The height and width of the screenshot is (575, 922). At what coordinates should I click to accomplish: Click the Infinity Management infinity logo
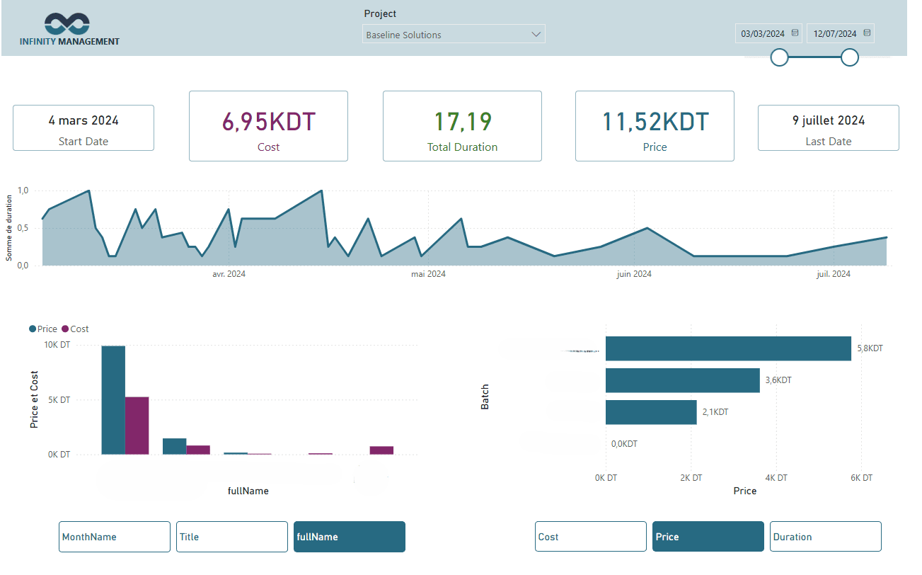click(x=67, y=24)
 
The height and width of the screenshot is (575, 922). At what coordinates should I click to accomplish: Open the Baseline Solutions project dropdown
click(x=454, y=35)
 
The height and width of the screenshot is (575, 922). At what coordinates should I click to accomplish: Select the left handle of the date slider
click(x=779, y=57)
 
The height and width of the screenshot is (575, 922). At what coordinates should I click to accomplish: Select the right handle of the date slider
click(x=850, y=57)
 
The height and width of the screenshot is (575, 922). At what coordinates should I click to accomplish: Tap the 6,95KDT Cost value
click(x=268, y=122)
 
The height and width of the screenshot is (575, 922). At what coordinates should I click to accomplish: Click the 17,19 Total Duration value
click(x=462, y=122)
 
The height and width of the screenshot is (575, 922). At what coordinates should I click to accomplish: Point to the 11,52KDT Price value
click(x=655, y=122)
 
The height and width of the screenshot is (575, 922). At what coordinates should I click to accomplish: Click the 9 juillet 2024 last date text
click(x=828, y=120)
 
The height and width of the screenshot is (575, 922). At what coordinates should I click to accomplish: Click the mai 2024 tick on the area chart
click(x=428, y=274)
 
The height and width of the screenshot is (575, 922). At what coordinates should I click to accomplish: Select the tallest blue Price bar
click(x=113, y=400)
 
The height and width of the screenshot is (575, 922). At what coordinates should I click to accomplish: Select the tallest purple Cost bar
click(x=137, y=426)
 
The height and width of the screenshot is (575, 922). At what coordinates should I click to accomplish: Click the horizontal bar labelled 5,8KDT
click(x=727, y=348)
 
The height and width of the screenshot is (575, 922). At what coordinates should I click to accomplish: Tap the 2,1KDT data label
click(x=715, y=412)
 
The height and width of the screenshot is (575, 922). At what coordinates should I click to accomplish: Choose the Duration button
click(x=825, y=537)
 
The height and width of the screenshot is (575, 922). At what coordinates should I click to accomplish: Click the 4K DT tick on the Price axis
click(x=776, y=478)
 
